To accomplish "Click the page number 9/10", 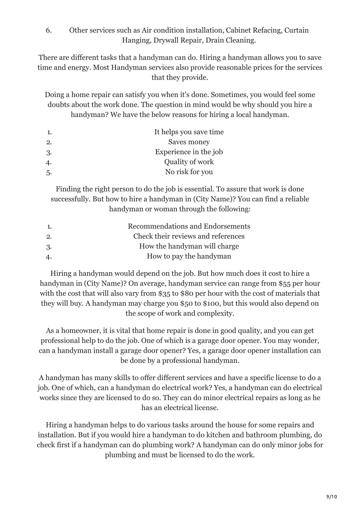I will (x=332, y=496).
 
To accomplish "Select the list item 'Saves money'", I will (x=189, y=142).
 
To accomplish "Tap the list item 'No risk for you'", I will (x=189, y=172).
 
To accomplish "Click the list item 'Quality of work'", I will (x=189, y=162).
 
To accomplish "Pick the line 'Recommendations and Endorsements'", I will (x=189, y=226).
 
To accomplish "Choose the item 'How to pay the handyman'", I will (x=189, y=256).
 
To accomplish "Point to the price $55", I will (x=284, y=283).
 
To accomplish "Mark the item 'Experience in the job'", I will (x=189, y=152).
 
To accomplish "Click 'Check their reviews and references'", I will (x=189, y=236).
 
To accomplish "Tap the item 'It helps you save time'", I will (x=189, y=132).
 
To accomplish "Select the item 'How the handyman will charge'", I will (x=189, y=246).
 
